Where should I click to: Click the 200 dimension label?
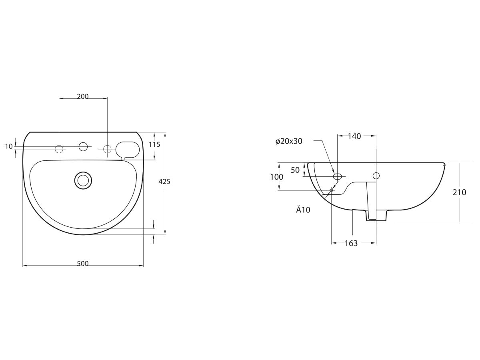click(82, 96)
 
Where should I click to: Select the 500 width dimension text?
click(82, 264)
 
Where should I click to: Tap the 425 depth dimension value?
click(164, 182)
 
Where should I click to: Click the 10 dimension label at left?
click(9, 147)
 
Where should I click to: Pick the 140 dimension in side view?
click(354, 136)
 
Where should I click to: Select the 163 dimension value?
click(351, 243)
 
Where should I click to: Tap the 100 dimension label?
click(276, 177)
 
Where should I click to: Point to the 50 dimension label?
click(295, 170)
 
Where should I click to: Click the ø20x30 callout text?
click(289, 141)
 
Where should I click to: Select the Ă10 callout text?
click(303, 210)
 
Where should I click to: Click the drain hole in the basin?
click(83, 180)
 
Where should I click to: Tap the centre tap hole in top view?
click(83, 147)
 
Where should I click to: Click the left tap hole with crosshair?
click(59, 149)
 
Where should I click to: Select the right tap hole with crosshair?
click(107, 149)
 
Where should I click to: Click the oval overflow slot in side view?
click(338, 176)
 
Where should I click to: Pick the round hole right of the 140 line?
click(376, 175)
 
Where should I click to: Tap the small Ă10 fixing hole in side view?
click(331, 190)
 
